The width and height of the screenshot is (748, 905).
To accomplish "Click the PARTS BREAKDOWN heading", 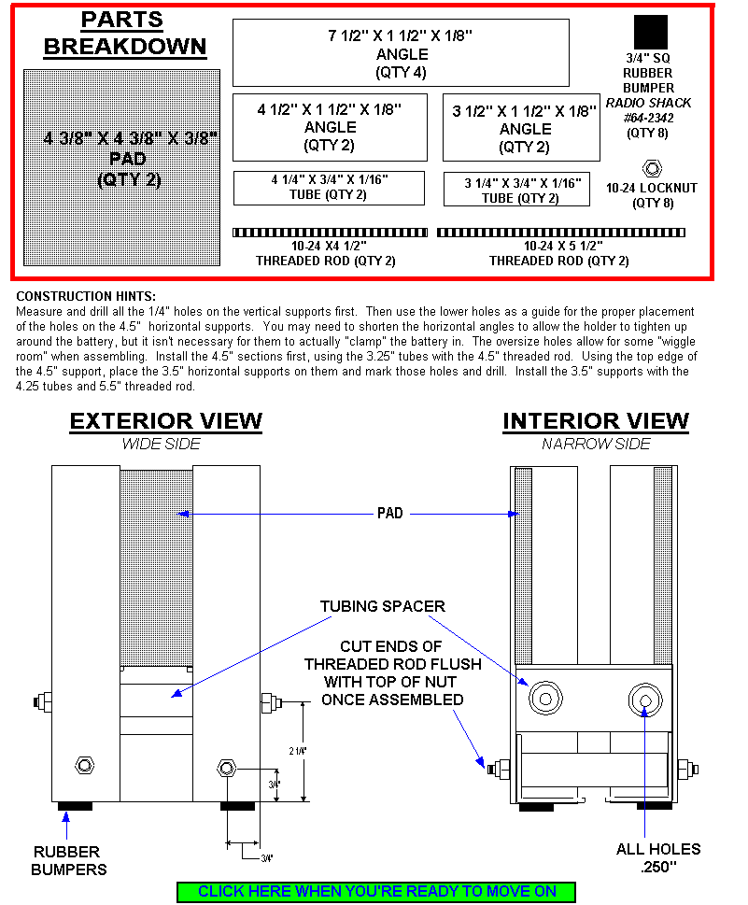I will tap(125, 34).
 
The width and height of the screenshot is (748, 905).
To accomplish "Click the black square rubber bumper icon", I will tap(650, 32).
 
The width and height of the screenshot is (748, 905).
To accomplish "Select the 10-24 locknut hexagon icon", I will tap(652, 168).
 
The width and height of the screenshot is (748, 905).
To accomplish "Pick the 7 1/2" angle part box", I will tap(401, 52).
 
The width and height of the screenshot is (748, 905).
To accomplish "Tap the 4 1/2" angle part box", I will tap(330, 127).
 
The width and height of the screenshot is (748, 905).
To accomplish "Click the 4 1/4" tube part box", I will tap(329, 188).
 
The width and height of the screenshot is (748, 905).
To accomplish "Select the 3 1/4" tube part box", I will tap(516, 190).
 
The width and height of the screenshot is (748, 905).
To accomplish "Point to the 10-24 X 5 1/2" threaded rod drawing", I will tap(560, 232).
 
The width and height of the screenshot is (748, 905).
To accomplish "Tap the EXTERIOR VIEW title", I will tap(165, 422).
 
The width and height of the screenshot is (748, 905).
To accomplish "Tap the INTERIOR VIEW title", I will tap(596, 422).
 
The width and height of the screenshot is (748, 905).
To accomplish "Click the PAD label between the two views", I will tap(390, 513).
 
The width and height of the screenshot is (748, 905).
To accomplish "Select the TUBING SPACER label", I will tap(382, 606).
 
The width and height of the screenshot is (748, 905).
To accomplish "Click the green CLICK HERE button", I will tap(376, 891).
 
